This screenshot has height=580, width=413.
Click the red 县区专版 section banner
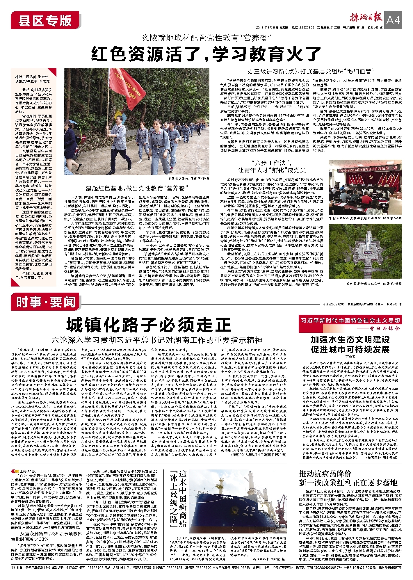pos(45,20)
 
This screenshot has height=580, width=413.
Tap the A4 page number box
pos(393,20)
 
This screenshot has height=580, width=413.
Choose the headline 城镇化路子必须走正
pos(148,325)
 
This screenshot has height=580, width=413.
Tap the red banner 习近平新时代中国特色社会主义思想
pos(350,320)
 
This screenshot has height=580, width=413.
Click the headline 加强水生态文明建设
pos(350,339)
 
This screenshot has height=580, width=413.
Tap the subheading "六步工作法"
pos(272,163)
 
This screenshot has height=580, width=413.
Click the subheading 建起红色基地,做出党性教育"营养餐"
pos(135,188)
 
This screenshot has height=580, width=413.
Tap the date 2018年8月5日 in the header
pos(272,28)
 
